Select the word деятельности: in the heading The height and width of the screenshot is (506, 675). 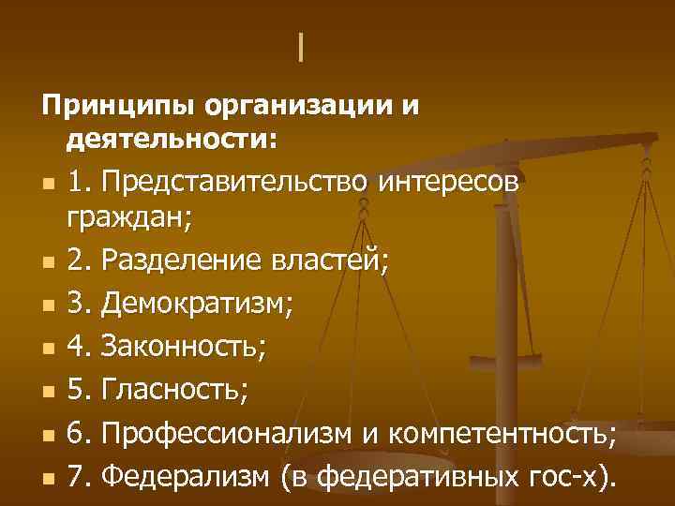pyautogui.click(x=172, y=140)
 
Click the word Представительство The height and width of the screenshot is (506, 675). pyautogui.click(x=237, y=181)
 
